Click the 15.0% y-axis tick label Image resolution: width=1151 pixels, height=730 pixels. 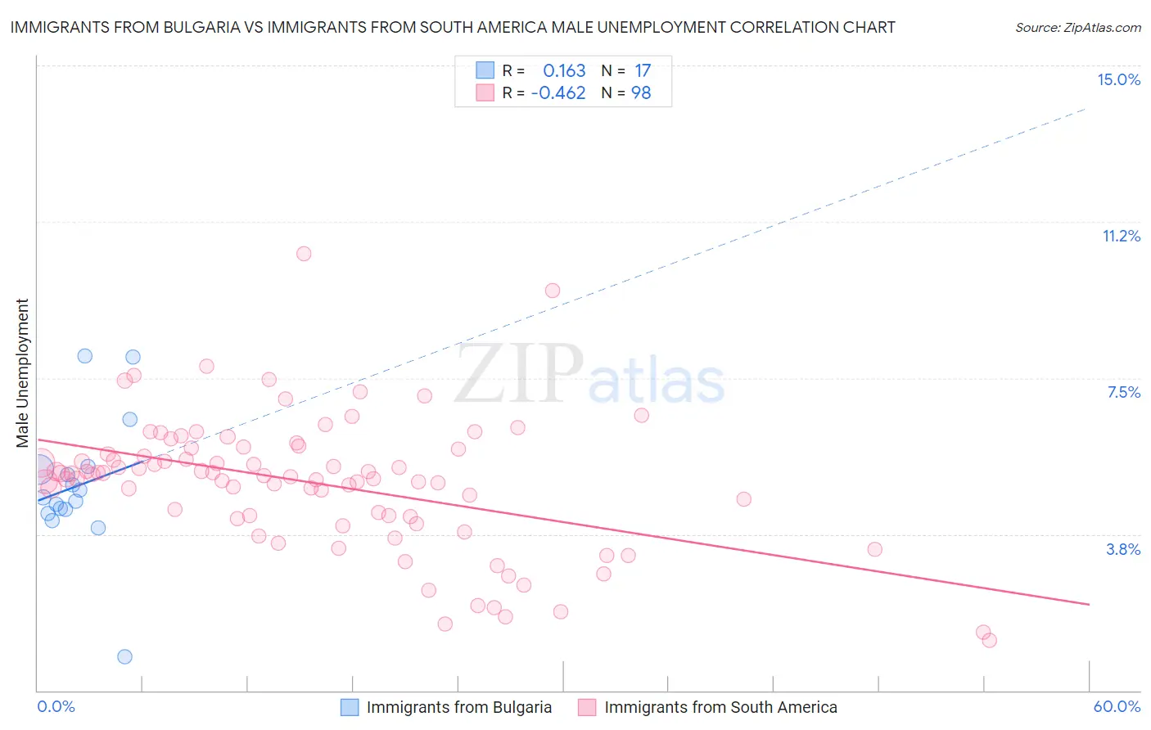[x=1118, y=79]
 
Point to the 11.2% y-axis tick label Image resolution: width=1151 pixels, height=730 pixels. [x=1121, y=236]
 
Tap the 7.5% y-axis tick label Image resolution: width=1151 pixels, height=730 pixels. [x=1123, y=392]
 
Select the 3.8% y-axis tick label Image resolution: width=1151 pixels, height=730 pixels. [x=1123, y=549]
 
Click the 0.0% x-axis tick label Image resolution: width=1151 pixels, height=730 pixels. [x=56, y=706]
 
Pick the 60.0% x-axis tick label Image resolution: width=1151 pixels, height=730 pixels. [x=1117, y=706]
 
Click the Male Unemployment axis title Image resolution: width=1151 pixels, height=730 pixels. [x=23, y=372]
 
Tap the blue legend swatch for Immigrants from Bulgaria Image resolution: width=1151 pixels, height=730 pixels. [x=350, y=707]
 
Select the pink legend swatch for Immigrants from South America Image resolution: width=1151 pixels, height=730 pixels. [x=587, y=707]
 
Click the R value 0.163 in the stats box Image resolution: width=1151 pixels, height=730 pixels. [x=564, y=71]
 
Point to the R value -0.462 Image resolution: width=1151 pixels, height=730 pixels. [x=558, y=93]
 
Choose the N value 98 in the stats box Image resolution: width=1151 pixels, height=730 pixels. [x=641, y=93]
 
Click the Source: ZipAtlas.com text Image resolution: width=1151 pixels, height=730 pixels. [x=1077, y=28]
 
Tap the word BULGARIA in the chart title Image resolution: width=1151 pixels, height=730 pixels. [x=192, y=27]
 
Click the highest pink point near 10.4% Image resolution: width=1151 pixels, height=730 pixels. [x=304, y=254]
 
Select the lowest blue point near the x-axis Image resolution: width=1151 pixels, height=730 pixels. [x=124, y=656]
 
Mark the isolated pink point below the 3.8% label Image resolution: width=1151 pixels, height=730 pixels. [x=874, y=549]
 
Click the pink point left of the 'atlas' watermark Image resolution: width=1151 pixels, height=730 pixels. [x=553, y=291]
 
